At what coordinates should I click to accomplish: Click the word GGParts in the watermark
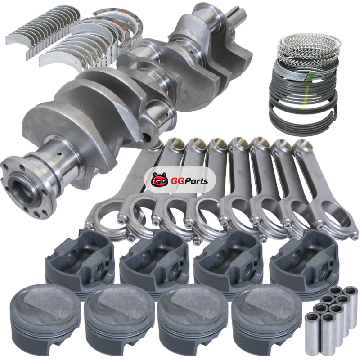coord(189,181)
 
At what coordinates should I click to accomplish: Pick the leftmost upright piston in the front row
coord(45,319)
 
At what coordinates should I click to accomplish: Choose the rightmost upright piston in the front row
coord(267,319)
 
